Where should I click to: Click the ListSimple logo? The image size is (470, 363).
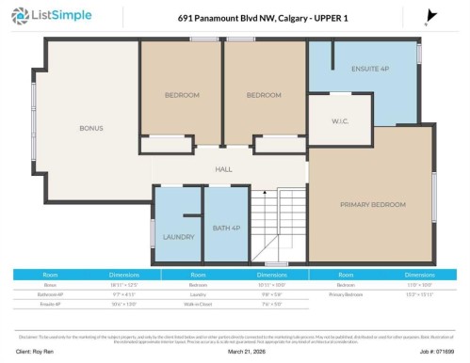click(59, 16)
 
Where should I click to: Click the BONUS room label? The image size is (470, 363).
click(90, 128)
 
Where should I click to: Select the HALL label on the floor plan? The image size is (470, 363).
click(223, 169)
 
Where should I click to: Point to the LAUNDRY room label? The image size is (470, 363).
click(178, 237)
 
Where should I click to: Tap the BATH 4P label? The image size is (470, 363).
click(226, 229)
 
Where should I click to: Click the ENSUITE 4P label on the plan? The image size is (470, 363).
click(371, 69)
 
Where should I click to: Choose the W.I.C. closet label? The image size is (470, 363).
click(341, 121)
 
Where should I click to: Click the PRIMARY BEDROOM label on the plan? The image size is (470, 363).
click(373, 204)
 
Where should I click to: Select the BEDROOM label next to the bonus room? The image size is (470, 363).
click(182, 95)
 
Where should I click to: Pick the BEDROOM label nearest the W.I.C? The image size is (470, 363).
click(265, 95)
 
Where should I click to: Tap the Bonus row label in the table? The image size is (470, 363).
click(51, 283)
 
